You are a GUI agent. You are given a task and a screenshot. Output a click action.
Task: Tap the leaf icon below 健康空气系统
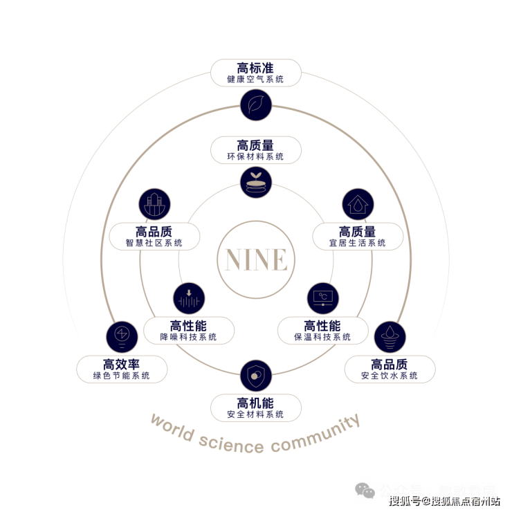click(x=255, y=104)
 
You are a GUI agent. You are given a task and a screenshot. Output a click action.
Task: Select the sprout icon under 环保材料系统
click(x=255, y=182)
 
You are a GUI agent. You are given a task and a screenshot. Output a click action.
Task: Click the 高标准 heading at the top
click(x=255, y=68)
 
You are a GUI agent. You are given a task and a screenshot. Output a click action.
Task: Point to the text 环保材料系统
click(x=255, y=157)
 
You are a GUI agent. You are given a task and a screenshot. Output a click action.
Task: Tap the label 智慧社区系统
click(x=154, y=243)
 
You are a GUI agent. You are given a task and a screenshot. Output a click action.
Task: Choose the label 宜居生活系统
click(x=358, y=243)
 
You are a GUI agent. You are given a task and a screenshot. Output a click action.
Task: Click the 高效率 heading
click(x=122, y=364)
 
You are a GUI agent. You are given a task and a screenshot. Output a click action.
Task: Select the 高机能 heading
click(x=255, y=403)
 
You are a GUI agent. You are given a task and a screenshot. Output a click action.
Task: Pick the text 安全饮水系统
click(x=390, y=376)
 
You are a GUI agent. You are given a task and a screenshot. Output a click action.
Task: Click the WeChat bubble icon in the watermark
click(x=365, y=491)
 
